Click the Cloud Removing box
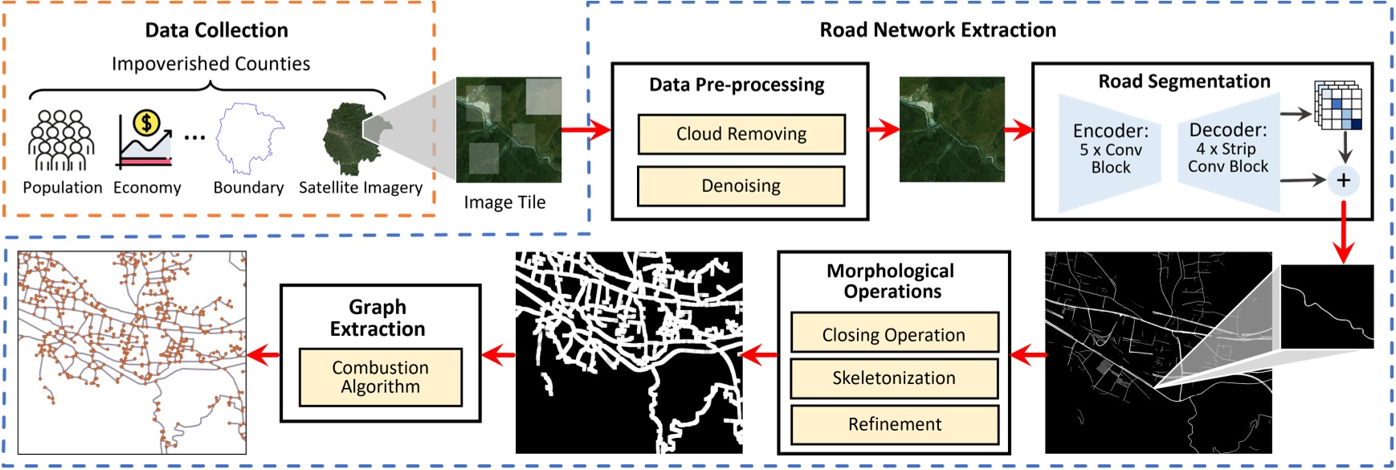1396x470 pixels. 741,134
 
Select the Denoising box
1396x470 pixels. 741,186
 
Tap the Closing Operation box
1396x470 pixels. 894,333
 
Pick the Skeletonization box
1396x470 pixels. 894,378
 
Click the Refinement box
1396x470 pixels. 894,424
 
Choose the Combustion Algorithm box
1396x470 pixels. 380,377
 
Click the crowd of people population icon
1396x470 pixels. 61,141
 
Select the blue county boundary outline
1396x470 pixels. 249,138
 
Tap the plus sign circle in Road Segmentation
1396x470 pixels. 1343,180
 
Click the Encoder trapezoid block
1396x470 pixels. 1110,150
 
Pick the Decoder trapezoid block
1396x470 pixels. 1228,149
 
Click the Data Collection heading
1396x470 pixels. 216,31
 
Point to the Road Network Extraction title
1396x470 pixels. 937,31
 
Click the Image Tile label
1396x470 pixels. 504,202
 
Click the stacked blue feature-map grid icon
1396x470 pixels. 1338,105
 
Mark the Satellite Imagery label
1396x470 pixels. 361,188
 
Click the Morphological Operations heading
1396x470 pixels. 892,281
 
